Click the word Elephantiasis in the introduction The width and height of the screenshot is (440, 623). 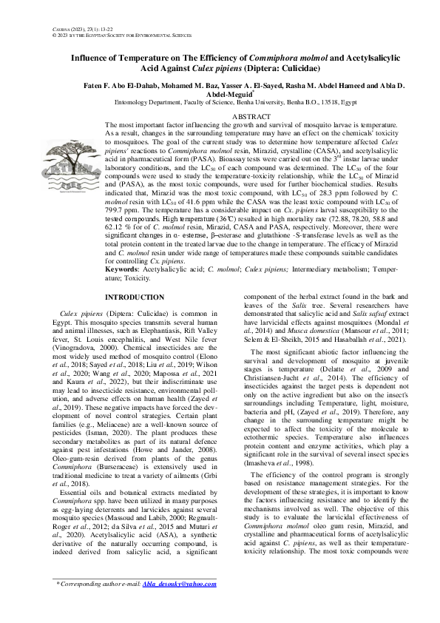click(x=158, y=330)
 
